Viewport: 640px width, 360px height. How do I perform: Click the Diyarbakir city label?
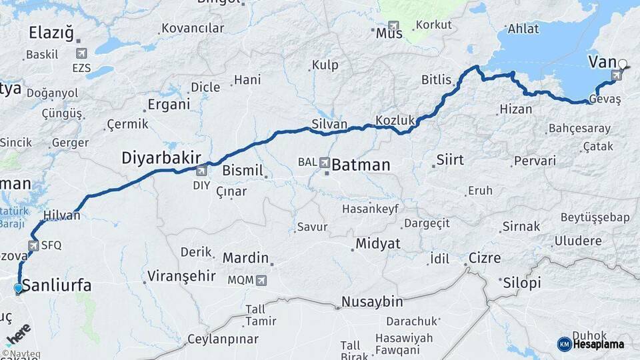(x=161, y=157)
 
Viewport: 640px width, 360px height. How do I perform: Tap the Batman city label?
(x=361, y=165)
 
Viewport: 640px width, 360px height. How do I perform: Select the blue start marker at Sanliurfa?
(x=18, y=288)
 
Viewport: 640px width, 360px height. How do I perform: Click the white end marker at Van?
(x=623, y=65)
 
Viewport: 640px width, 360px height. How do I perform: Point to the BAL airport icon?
(x=325, y=162)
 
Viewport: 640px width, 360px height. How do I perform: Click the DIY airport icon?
(x=201, y=171)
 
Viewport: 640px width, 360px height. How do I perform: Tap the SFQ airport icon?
(x=34, y=245)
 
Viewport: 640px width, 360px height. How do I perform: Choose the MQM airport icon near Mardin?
(x=261, y=280)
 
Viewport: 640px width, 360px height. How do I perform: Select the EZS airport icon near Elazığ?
(x=81, y=53)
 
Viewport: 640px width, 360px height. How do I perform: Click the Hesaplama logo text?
(x=598, y=344)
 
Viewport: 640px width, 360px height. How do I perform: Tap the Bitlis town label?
(x=437, y=79)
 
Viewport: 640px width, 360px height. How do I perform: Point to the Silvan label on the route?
(x=329, y=123)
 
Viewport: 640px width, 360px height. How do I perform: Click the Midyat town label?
(x=378, y=243)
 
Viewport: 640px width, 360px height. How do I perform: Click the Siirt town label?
(x=450, y=160)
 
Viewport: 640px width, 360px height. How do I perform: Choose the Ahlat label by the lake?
(x=523, y=28)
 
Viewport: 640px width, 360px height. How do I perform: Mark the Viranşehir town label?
(x=182, y=276)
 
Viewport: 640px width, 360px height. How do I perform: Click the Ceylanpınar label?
(x=223, y=339)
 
